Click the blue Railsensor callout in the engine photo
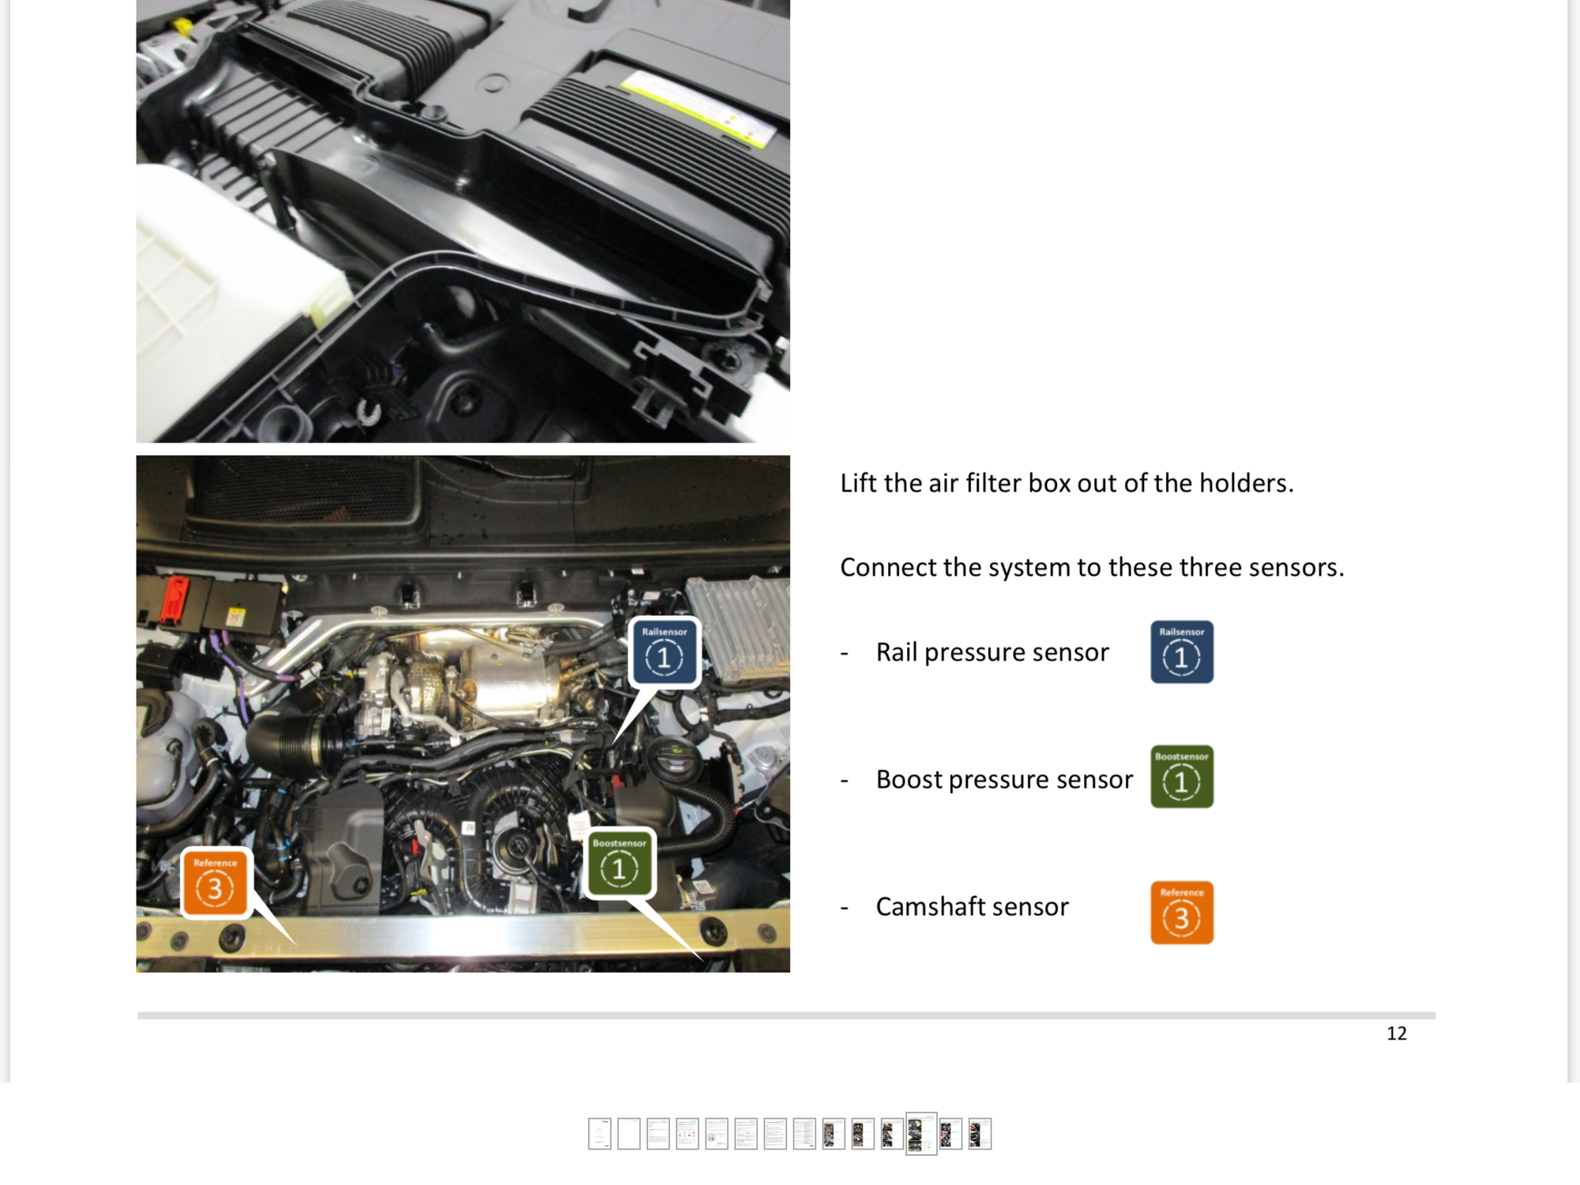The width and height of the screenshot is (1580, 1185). click(664, 653)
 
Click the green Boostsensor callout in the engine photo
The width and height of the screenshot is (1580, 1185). click(620, 863)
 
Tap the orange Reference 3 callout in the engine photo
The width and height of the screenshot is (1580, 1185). click(215, 883)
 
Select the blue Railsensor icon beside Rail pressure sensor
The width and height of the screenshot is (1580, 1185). click(1181, 652)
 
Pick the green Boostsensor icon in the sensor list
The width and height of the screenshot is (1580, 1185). click(1181, 777)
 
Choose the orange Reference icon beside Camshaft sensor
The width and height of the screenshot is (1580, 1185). click(1181, 912)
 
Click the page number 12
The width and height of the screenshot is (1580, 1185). click(1396, 1033)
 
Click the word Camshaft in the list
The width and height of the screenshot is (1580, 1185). click(930, 907)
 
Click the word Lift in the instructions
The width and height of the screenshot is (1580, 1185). click(858, 483)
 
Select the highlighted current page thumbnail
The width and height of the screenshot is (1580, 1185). click(921, 1134)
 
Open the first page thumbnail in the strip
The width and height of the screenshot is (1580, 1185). click(600, 1134)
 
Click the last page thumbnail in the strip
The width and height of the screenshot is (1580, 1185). click(980, 1134)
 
